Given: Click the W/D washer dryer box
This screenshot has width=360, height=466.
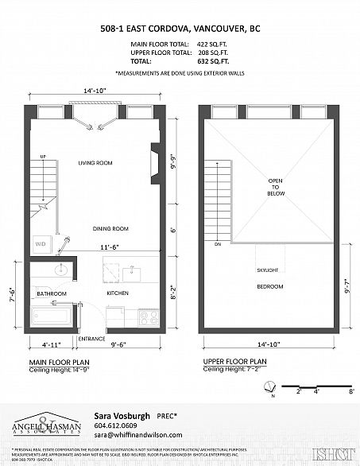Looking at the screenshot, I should (40, 243).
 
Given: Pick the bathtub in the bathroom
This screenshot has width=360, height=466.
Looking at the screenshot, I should (50, 318).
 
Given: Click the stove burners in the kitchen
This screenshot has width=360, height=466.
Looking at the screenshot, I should (149, 317).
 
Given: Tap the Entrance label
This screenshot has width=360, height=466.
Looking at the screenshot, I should (92, 339).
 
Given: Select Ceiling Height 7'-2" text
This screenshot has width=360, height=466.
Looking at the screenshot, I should (232, 370).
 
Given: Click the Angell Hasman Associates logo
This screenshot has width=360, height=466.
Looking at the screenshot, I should (52, 426).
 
